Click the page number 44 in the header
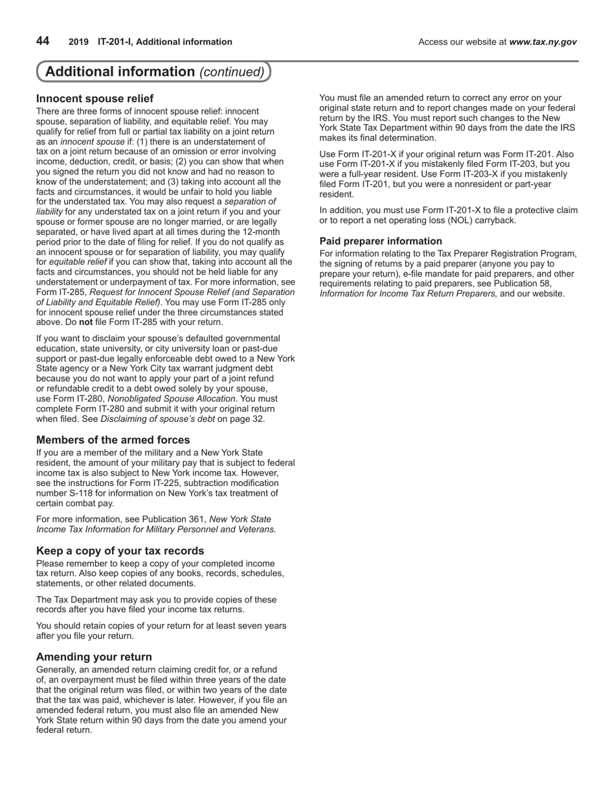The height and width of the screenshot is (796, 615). click(43, 41)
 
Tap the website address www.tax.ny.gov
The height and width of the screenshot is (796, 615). click(542, 42)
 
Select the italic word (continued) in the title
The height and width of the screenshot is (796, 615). click(232, 72)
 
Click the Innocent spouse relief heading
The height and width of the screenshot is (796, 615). click(95, 98)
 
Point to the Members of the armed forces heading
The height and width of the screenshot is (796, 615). click(113, 440)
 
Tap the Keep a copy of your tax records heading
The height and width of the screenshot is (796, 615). click(120, 551)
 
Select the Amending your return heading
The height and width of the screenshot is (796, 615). click(94, 657)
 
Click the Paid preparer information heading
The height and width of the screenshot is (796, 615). click(381, 241)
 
